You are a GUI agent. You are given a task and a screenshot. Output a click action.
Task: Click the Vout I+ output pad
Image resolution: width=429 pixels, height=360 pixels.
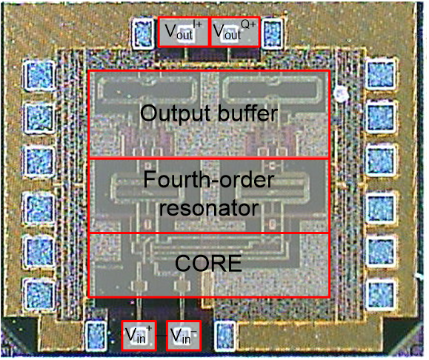point(183,32)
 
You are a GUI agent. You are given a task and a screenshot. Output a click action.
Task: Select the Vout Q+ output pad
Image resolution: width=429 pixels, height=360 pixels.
point(234,32)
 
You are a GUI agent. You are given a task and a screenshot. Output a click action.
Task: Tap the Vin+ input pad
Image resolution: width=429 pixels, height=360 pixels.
point(139,336)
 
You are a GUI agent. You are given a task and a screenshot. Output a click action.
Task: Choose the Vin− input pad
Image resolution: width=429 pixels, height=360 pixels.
point(184,336)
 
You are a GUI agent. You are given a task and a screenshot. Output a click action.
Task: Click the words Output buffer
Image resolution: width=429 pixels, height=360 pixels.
point(209,113)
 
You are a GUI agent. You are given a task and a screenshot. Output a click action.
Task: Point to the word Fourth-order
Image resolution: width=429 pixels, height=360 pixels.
point(209,179)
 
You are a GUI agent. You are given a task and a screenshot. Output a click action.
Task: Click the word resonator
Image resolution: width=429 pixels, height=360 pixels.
point(209,208)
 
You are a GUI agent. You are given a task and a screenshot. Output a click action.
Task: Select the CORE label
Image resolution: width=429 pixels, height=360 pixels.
point(208,263)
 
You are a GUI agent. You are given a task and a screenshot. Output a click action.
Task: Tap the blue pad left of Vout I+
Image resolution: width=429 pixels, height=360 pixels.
point(144,33)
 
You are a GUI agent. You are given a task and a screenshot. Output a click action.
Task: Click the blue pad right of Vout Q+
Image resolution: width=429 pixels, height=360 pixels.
point(273,33)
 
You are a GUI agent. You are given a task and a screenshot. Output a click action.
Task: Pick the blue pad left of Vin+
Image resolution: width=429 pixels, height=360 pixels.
point(96,336)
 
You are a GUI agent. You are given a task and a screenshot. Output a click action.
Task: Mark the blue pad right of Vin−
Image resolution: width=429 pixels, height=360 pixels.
point(225,336)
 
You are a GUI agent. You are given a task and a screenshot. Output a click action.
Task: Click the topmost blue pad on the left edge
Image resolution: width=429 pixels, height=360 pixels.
point(40,76)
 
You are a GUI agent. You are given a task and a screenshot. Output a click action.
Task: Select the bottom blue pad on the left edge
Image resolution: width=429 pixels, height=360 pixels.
point(40,294)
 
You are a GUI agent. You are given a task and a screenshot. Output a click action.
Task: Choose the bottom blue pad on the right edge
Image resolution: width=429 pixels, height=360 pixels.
point(381,295)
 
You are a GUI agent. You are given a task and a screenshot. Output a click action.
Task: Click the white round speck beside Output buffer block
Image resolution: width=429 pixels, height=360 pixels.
point(340,94)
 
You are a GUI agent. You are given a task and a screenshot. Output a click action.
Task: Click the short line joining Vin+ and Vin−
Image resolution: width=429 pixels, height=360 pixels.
point(162,336)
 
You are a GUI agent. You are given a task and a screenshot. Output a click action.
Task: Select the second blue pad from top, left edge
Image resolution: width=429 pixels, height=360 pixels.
point(40,118)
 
